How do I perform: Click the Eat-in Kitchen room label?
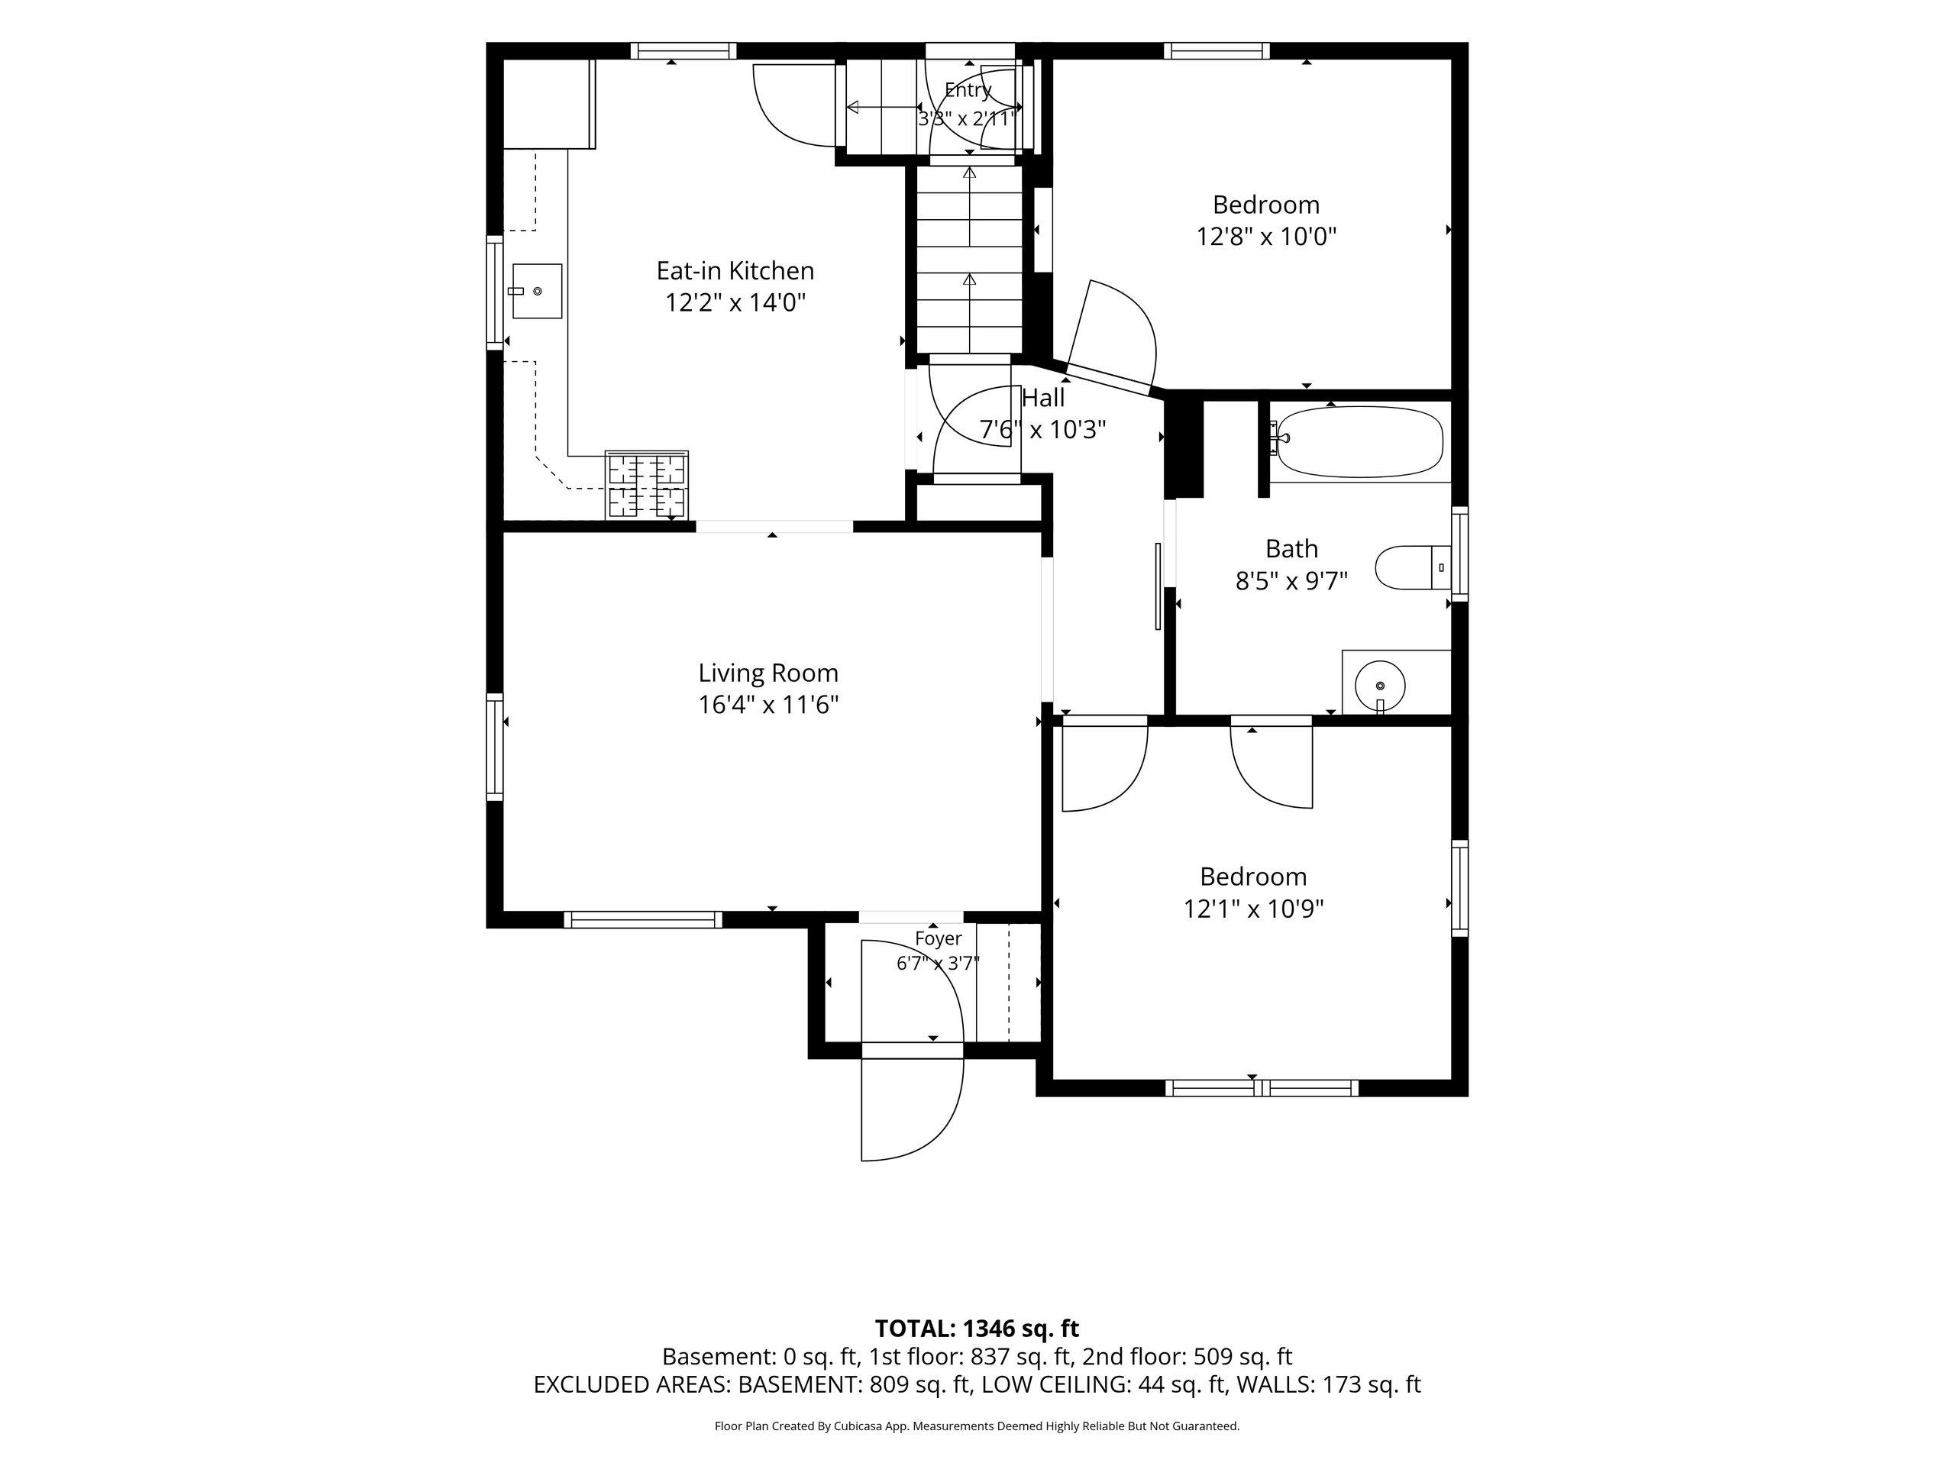pyautogui.click(x=735, y=270)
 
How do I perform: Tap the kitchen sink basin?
pyautogui.click(x=536, y=291)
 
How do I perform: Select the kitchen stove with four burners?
pyautogui.click(x=646, y=484)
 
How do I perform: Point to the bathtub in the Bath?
pyautogui.click(x=1360, y=442)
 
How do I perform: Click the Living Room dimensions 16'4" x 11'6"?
pyautogui.click(x=768, y=706)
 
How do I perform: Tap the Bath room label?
pyautogui.click(x=1291, y=549)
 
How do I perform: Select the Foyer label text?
pyautogui.click(x=938, y=938)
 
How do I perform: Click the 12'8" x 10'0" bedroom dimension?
pyautogui.click(x=1265, y=237)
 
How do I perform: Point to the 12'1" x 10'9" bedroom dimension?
pyautogui.click(x=1253, y=909)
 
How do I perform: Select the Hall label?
pyautogui.click(x=1043, y=398)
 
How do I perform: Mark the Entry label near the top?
pyautogui.click(x=968, y=90)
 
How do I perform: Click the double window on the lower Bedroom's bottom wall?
pyautogui.click(x=1262, y=1088)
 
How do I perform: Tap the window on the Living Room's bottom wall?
pyautogui.click(x=642, y=920)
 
